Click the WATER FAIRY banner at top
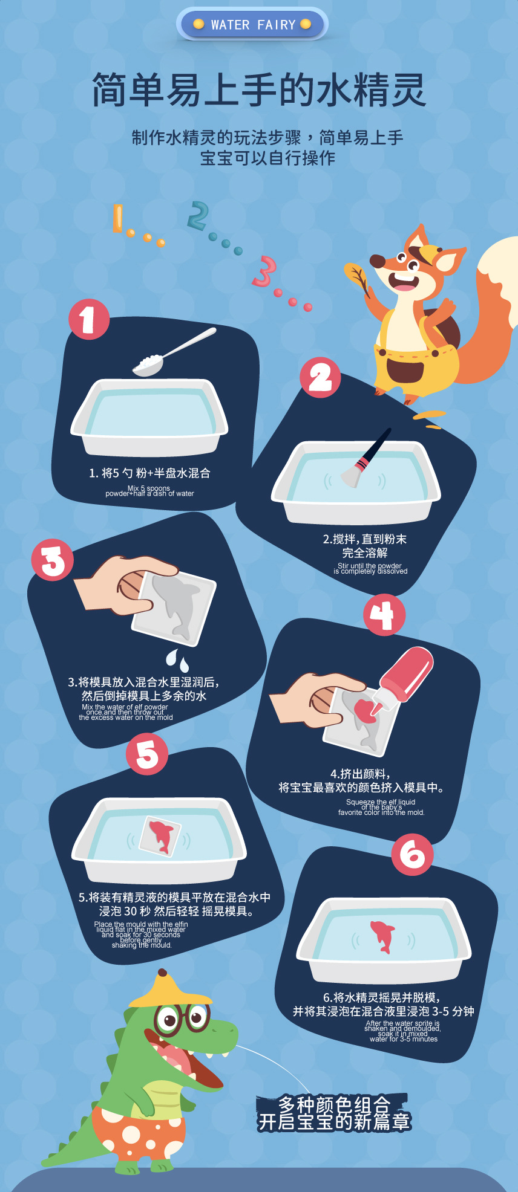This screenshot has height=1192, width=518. click(x=252, y=25)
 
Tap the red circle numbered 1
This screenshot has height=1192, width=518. click(x=88, y=319)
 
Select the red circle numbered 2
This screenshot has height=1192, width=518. click(x=320, y=378)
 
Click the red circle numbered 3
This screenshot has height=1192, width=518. click(x=53, y=560)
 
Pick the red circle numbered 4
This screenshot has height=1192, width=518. click(x=384, y=615)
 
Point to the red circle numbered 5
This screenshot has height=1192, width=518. click(x=147, y=754)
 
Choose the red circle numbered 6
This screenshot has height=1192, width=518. click(x=412, y=854)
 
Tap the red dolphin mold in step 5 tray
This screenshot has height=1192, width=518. click(x=160, y=835)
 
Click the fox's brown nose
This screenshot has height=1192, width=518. click(x=378, y=261)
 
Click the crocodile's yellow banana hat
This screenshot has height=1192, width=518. click(x=170, y=990)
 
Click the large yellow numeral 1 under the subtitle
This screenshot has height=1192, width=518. click(x=118, y=218)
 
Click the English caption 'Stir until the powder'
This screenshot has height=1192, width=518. click(x=370, y=566)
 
